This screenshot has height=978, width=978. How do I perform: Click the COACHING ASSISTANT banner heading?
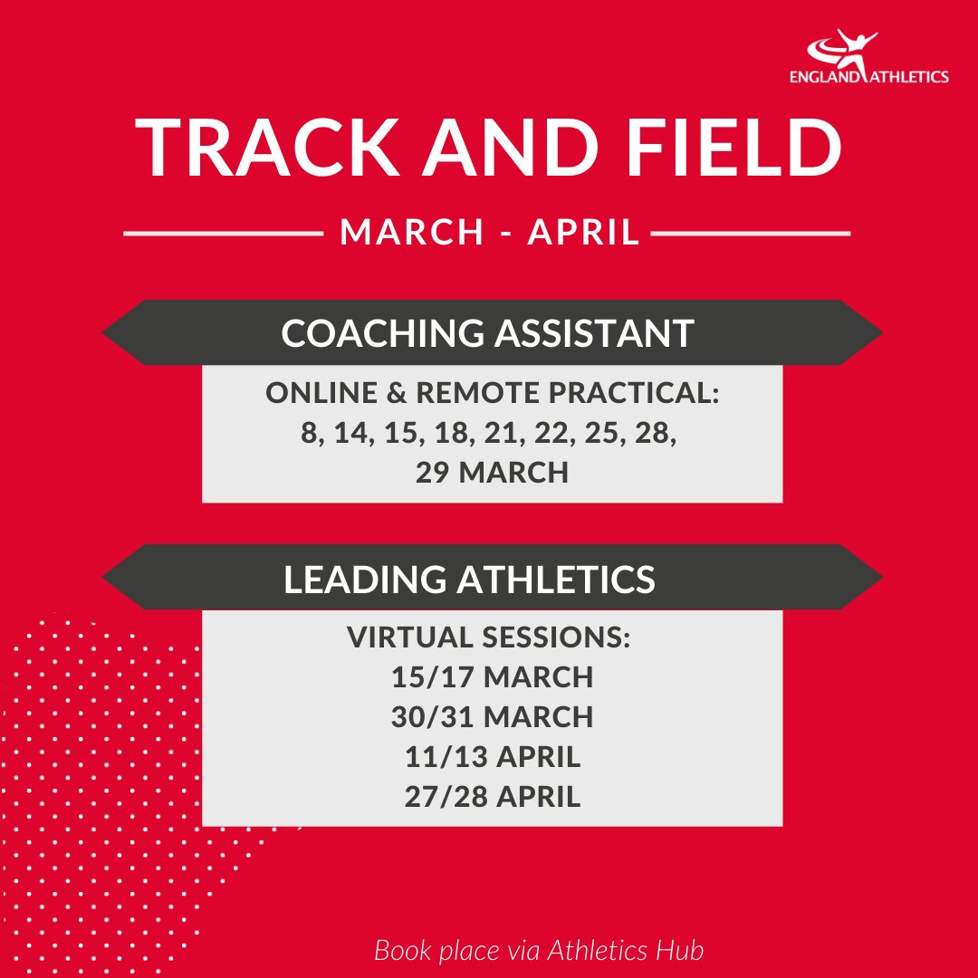(488, 333)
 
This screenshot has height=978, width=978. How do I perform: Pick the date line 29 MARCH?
(492, 472)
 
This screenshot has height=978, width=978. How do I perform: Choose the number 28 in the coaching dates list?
(657, 434)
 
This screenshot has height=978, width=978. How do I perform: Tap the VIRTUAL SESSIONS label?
(488, 637)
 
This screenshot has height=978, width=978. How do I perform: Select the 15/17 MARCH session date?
(493, 676)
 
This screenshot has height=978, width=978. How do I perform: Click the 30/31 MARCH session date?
(493, 716)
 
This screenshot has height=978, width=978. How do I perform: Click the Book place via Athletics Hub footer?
(539, 951)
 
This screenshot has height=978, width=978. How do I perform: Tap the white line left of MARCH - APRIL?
(223, 235)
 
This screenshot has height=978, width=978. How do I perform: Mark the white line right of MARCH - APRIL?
(751, 235)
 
